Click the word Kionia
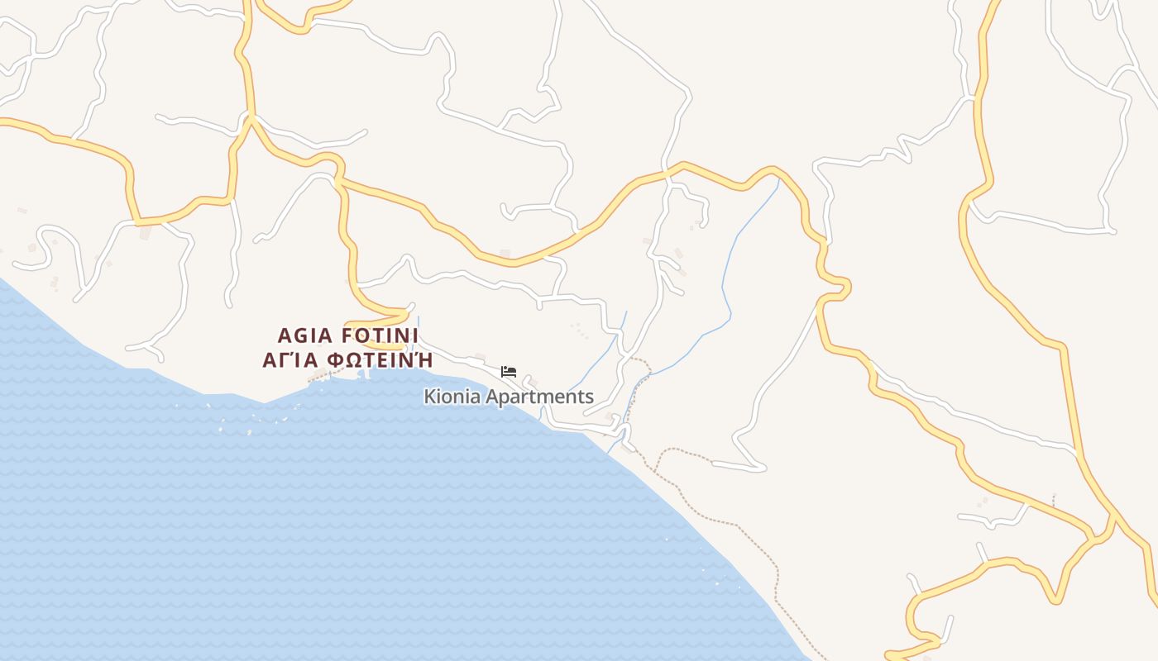click(x=452, y=397)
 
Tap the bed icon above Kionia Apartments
click(x=509, y=372)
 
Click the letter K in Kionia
click(x=429, y=397)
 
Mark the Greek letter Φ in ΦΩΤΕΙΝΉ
click(x=336, y=360)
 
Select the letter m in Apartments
click(x=544, y=397)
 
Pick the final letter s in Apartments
click(x=589, y=397)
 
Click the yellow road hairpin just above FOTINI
click(x=405, y=313)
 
